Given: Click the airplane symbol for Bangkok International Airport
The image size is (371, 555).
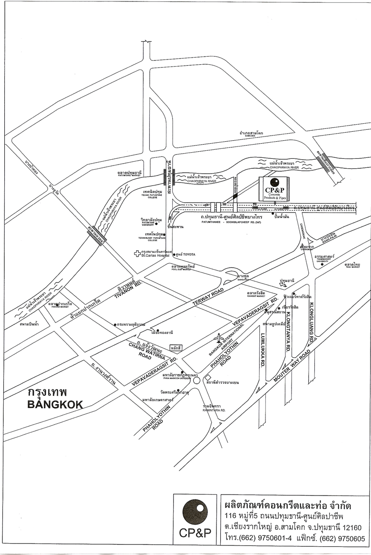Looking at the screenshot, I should [x=219, y=338].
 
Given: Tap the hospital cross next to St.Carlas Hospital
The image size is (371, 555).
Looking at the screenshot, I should [x=137, y=253].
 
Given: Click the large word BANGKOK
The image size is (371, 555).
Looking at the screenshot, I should [x=55, y=405].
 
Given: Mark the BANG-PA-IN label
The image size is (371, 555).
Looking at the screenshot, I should [x=325, y=239].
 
